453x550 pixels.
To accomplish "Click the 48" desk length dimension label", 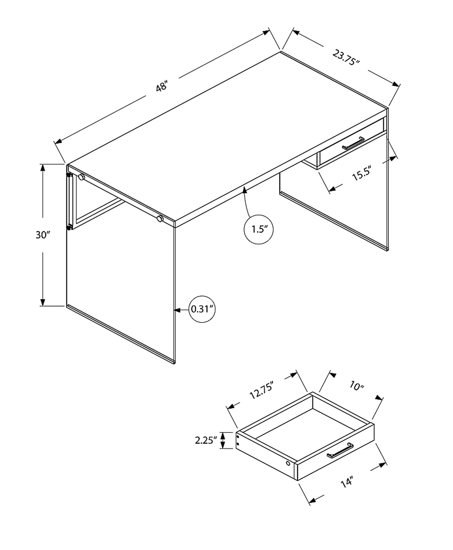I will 162,86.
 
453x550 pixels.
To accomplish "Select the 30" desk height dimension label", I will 43,235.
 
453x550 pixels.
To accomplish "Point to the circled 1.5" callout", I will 259,229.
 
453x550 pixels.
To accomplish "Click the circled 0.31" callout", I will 202,309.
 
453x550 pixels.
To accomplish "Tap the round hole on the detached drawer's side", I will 288,463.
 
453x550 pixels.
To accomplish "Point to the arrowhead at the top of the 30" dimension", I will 42,167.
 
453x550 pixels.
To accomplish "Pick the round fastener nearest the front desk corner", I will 160,219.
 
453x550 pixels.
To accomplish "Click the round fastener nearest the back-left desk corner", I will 81,177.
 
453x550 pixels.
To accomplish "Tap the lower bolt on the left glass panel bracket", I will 69,227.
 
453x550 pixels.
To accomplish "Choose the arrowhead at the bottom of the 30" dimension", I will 42,302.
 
